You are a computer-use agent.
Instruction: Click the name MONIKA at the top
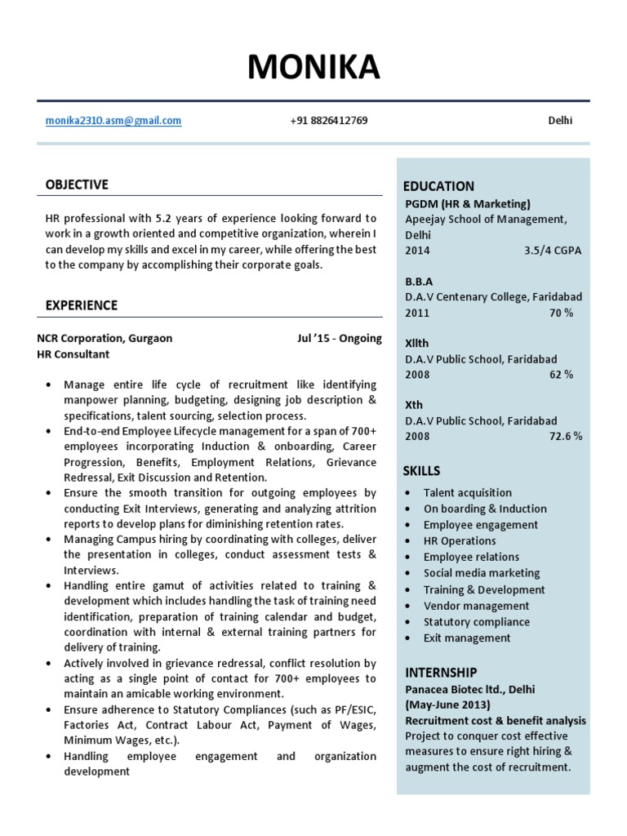313,69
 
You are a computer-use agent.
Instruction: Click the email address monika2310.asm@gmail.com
113,121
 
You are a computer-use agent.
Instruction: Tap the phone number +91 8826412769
328,121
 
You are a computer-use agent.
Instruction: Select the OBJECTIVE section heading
77,185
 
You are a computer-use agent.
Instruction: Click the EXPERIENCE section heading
82,305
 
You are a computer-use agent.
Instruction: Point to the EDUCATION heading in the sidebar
438,186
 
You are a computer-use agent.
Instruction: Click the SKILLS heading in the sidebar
421,471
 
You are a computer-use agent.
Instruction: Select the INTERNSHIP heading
441,673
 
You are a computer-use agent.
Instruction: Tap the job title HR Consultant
73,354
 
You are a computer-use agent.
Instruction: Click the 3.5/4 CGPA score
553,251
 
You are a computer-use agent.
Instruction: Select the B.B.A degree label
419,282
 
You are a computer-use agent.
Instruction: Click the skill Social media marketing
481,573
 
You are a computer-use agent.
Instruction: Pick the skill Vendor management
476,606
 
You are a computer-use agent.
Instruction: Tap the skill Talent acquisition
467,492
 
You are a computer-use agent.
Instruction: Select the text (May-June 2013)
448,705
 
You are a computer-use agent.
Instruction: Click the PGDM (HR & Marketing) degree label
468,203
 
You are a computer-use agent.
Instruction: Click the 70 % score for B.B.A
562,313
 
